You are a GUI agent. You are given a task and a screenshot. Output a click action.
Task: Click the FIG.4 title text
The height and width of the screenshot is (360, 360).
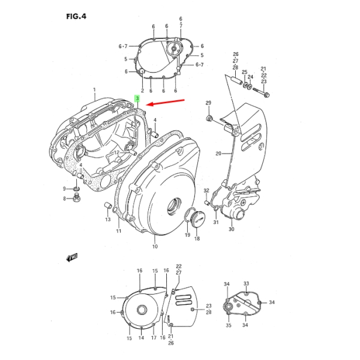(76, 16)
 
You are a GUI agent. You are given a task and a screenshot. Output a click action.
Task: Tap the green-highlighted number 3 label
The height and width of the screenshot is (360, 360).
(137, 98)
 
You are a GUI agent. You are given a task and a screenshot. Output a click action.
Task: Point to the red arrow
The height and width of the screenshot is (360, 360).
(166, 103)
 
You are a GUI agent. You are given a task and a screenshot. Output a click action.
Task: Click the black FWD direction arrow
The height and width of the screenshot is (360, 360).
(72, 257)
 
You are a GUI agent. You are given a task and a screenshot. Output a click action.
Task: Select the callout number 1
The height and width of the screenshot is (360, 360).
(94, 89)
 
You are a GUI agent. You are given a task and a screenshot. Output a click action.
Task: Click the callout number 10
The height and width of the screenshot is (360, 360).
(155, 247)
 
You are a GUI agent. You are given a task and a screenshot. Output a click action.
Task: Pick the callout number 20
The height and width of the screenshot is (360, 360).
(218, 154)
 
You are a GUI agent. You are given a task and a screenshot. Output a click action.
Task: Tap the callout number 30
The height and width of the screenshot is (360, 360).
(232, 229)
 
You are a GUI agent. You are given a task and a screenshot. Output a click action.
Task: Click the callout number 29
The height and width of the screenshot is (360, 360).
(208, 103)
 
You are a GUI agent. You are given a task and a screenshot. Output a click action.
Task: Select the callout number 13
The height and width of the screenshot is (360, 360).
(108, 220)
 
